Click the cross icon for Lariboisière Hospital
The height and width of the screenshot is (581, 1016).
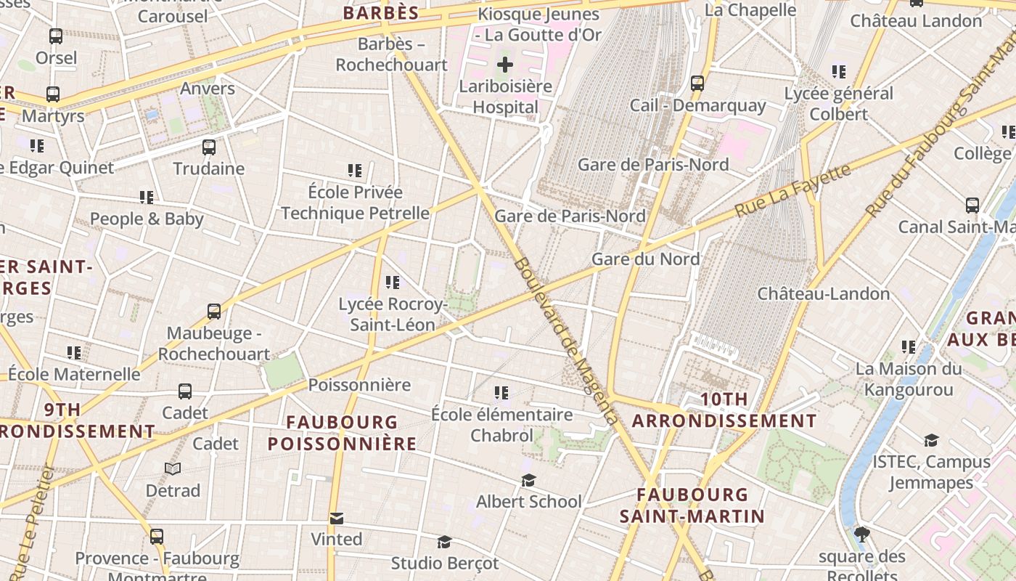[x=505, y=65]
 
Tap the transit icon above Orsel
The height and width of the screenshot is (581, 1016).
[x=56, y=36]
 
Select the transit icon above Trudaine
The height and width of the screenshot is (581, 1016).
[x=209, y=147]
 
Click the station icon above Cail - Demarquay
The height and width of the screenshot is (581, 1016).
[x=697, y=83]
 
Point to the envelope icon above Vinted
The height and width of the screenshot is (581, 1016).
[x=337, y=519]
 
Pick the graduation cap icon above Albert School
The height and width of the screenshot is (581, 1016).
[x=528, y=481]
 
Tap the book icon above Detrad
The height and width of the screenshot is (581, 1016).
[x=173, y=469]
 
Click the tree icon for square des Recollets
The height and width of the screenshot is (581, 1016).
[x=862, y=535]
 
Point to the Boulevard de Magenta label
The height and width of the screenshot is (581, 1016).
[x=566, y=341]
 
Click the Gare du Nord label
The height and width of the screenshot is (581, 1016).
[x=646, y=259]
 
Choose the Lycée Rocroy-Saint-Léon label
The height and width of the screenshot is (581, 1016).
[x=392, y=314]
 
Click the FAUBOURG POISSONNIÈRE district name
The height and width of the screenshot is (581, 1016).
[x=343, y=433]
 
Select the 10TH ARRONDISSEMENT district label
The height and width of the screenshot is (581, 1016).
[x=724, y=410]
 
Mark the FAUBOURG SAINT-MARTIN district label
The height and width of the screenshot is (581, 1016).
[x=692, y=505]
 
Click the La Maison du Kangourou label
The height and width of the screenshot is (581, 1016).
[x=909, y=379]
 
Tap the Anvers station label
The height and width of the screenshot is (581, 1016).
[x=208, y=89]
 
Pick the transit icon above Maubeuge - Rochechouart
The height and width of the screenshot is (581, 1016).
[x=214, y=312]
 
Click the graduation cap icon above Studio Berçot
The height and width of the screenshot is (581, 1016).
[x=444, y=542]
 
